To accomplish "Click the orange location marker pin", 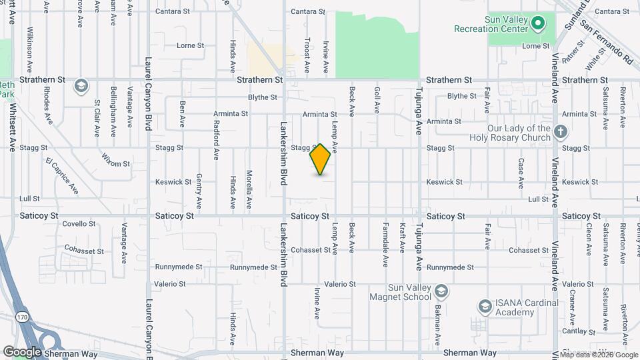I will (x=321, y=159).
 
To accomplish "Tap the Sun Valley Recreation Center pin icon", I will (x=538, y=25).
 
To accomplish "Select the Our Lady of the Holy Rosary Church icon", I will (x=561, y=132).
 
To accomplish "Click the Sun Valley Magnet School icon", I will (x=441, y=291).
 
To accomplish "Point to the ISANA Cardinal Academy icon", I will (x=485, y=307).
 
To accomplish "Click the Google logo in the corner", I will (x=22, y=352).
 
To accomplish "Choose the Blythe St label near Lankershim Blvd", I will (x=262, y=97).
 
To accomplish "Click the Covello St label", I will (x=79, y=224).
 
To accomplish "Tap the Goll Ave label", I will (x=377, y=99).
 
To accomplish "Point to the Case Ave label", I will (x=521, y=171).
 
